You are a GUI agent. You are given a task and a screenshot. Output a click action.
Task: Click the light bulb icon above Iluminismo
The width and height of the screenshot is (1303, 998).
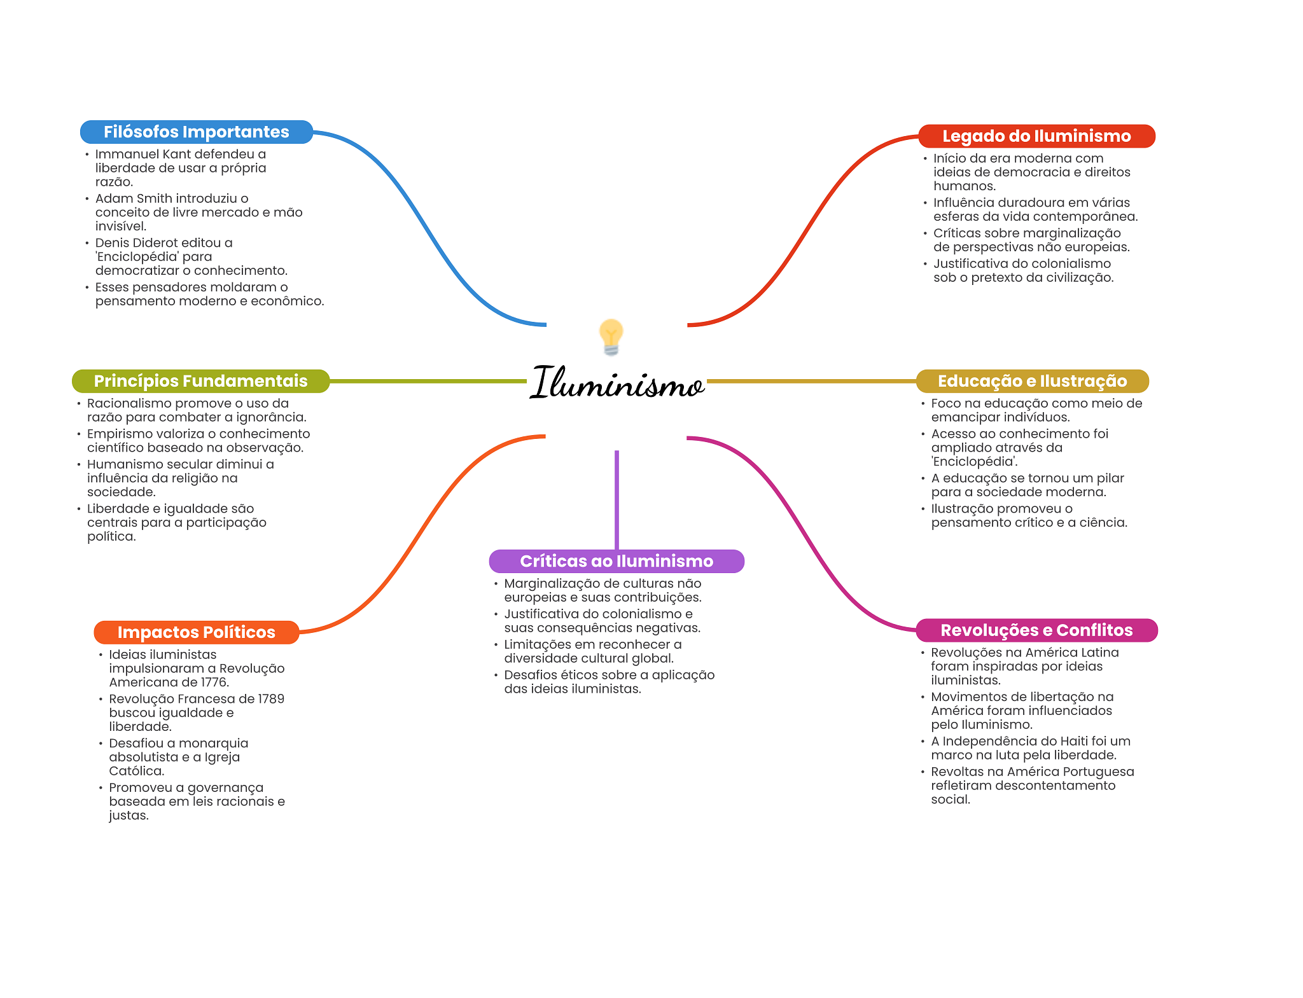point(611,336)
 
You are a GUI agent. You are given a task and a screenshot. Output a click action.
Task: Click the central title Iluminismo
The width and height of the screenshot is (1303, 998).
point(617,383)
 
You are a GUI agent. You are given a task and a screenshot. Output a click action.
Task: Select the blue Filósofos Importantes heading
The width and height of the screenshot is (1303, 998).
point(196,132)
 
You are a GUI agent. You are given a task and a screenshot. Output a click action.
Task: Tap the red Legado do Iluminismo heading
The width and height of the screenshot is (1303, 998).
point(1036,136)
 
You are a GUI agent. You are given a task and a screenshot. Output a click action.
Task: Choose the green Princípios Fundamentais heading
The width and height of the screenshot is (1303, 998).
point(200,381)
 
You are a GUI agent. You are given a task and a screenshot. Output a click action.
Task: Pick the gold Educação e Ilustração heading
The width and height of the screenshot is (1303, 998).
point(1032,381)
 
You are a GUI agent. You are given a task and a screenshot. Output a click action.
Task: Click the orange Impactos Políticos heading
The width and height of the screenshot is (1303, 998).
point(196,632)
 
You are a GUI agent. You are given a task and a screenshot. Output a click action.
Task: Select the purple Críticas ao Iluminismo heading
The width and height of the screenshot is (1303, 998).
point(616,561)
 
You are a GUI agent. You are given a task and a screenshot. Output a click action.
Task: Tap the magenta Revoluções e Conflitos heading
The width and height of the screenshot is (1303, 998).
point(1036,630)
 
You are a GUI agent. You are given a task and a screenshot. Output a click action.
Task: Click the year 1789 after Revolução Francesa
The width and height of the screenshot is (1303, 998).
point(271,699)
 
